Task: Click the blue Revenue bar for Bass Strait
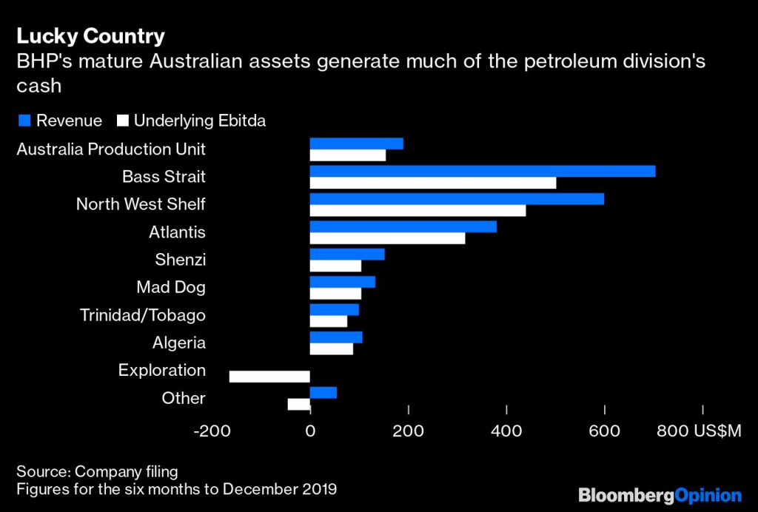tap(482, 171)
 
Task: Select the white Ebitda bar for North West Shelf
tap(417, 211)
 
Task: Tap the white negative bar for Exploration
tap(269, 377)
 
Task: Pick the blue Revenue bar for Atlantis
tap(403, 226)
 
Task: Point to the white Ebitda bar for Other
tap(298, 404)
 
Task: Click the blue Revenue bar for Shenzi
tap(347, 254)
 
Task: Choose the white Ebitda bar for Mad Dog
tap(335, 294)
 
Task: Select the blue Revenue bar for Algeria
tap(336, 337)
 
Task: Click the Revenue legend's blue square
tap(23, 121)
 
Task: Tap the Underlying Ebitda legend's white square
tap(122, 121)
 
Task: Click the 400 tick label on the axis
tap(506, 431)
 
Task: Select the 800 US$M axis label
tap(699, 431)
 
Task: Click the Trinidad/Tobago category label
tap(143, 315)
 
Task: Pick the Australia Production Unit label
tap(111, 149)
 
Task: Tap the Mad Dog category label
tap(171, 287)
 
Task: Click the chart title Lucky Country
tap(91, 36)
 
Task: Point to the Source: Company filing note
tap(98, 471)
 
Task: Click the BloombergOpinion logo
tap(660, 495)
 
